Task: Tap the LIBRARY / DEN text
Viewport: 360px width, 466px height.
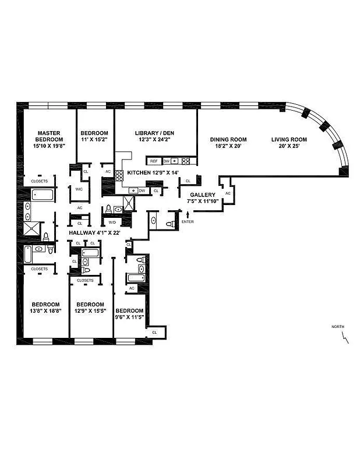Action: (x=154, y=133)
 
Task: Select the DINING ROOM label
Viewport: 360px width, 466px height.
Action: (x=228, y=140)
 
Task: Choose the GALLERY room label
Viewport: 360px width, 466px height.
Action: (x=203, y=195)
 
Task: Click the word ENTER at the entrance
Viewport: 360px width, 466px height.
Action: (x=188, y=222)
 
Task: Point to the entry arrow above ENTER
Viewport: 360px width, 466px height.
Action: (x=188, y=215)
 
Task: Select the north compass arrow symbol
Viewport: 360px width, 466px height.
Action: (x=346, y=337)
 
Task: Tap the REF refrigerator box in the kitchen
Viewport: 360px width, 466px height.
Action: (x=154, y=161)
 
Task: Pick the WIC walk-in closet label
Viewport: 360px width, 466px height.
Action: (x=79, y=189)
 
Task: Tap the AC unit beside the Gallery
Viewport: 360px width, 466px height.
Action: (x=228, y=193)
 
